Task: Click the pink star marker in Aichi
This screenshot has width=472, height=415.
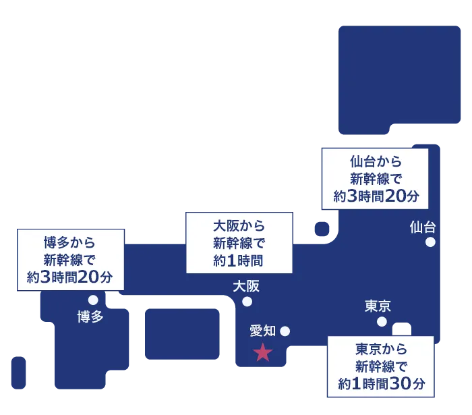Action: (262, 352)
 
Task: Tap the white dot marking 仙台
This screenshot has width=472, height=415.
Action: (430, 242)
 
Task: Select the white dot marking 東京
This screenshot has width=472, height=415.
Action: (382, 321)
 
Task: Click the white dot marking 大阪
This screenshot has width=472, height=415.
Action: (247, 302)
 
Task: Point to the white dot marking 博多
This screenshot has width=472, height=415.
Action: (93, 300)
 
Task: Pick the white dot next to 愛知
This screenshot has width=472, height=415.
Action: (285, 331)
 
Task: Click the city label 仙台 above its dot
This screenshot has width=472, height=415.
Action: (423, 227)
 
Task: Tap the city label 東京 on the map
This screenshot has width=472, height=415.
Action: (378, 306)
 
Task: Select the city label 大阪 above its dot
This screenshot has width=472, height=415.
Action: (246, 286)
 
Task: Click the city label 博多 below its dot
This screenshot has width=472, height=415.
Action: (90, 316)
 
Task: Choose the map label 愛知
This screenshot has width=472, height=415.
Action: (263, 331)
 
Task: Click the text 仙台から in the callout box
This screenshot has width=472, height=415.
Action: (376, 162)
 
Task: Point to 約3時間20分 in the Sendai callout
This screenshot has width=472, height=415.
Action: (376, 196)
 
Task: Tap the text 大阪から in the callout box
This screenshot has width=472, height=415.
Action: (239, 225)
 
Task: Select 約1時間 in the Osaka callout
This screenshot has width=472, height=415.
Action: (239, 260)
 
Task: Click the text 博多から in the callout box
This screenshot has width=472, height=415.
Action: (69, 242)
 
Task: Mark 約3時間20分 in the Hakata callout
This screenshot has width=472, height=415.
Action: (69, 277)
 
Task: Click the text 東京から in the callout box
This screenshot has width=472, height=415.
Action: (381, 350)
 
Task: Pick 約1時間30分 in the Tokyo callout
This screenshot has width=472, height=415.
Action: (381, 385)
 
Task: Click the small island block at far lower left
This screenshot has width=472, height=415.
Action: (19, 373)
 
